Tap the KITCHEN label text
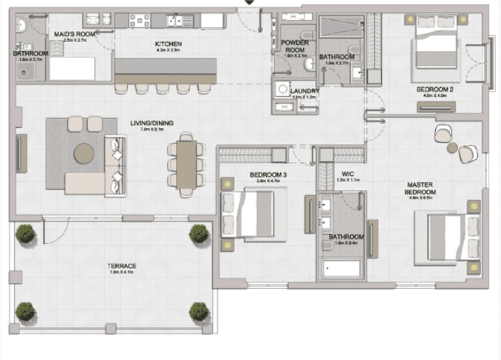(168, 44)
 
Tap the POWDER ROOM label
(295, 47)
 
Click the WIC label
(342, 174)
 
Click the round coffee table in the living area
(84, 153)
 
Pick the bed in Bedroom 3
(250, 212)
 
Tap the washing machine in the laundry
(282, 89)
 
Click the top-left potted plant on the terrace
(26, 234)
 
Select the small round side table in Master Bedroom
(452, 148)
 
